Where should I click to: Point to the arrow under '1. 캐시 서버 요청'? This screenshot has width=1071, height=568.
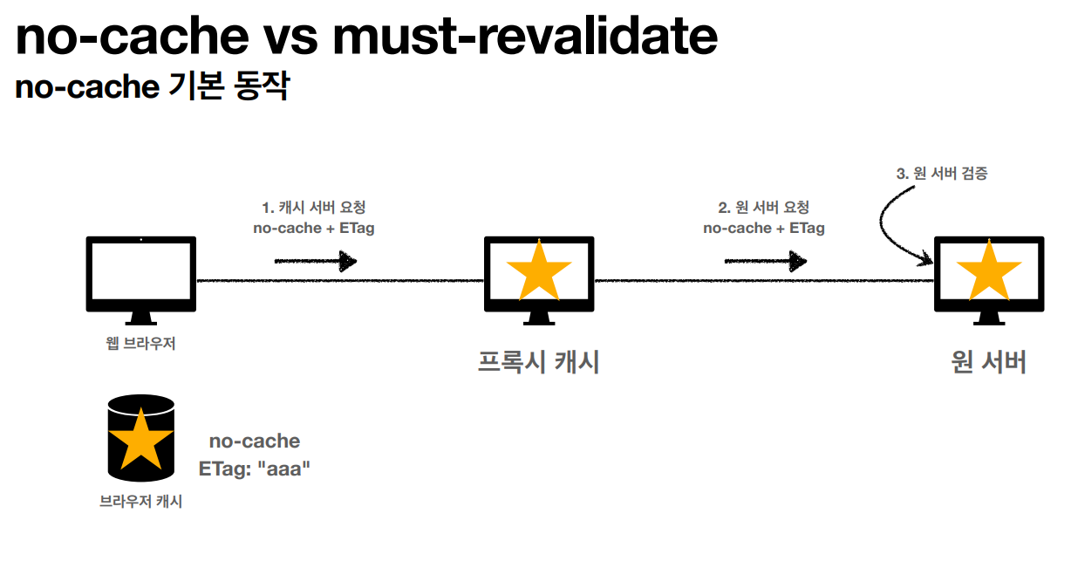(x=316, y=261)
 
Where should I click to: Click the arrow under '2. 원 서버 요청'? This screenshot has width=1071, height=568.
(x=766, y=261)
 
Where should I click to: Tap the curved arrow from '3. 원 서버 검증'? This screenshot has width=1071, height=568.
(x=894, y=222)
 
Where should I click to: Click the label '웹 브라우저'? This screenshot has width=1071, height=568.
(x=140, y=343)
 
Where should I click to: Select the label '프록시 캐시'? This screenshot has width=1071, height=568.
(x=539, y=362)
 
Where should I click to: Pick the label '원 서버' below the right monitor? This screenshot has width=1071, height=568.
(x=989, y=362)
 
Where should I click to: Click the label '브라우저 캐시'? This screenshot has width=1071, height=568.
(x=140, y=503)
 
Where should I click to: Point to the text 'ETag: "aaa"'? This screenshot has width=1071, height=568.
(x=255, y=469)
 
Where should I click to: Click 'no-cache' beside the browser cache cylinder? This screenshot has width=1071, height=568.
(x=255, y=441)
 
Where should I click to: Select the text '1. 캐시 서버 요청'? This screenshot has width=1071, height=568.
(x=314, y=208)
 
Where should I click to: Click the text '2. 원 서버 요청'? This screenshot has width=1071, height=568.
(x=764, y=208)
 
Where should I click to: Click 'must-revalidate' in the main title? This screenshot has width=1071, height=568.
(x=528, y=37)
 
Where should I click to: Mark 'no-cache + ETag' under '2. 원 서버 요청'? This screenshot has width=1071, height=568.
(x=764, y=229)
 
